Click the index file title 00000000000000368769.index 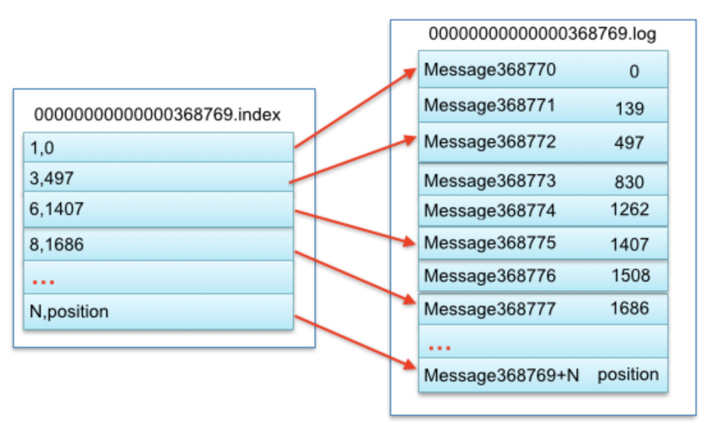point(157,114)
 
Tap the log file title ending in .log point(542,34)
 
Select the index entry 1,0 point(42,148)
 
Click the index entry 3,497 point(52,178)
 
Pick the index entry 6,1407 point(56,209)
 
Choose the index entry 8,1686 point(56,244)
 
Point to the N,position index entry point(69,312)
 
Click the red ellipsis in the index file point(43,282)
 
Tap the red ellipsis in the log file point(440,347)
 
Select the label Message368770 point(490,70)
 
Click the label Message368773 point(490,181)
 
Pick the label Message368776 point(490,276)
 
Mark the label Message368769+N point(502,375)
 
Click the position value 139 point(630,109)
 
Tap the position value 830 point(630,182)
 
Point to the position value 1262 point(630,209)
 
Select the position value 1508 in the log point(630,275)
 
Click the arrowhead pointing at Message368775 point(409,241)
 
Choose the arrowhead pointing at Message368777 point(409,299)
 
